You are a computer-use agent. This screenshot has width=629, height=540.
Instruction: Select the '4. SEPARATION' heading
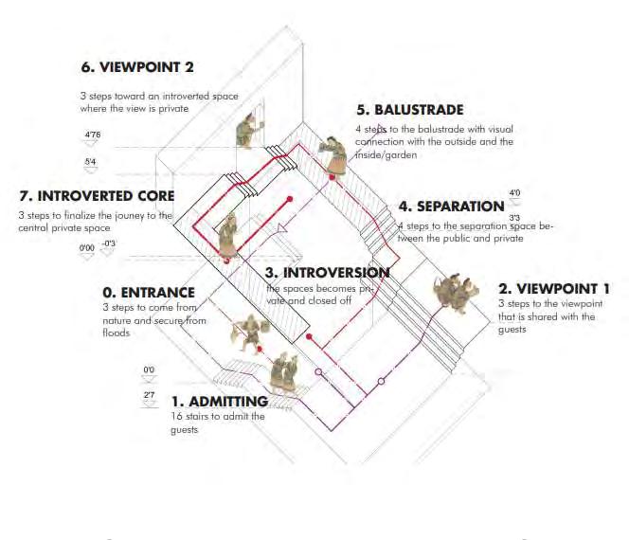451,207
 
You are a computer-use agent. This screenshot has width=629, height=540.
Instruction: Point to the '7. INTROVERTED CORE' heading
98,196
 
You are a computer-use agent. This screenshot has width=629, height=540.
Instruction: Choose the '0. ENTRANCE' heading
149,293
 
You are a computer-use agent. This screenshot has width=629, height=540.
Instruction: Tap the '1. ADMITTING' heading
221,402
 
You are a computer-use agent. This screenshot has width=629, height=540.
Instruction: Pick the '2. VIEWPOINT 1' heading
554,288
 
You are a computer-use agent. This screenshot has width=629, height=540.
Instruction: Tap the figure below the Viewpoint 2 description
245,130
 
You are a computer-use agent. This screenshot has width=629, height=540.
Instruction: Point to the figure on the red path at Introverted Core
227,237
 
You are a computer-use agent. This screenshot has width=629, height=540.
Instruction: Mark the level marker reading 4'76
93,135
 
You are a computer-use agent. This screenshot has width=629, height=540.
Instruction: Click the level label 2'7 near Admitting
149,393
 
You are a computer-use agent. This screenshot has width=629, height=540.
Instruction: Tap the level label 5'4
91,163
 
